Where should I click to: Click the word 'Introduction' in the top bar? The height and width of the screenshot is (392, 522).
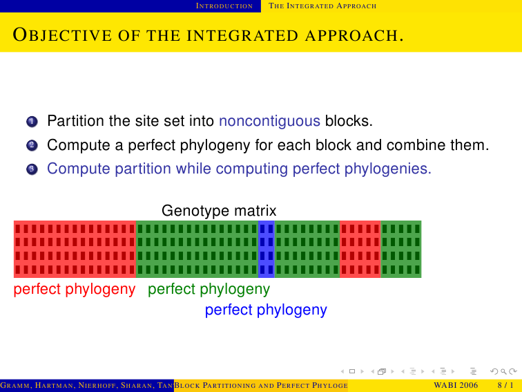(x=224, y=6)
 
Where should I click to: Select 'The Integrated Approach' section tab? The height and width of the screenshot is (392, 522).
(x=322, y=6)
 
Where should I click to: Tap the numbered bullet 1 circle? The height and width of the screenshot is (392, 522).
(x=32, y=122)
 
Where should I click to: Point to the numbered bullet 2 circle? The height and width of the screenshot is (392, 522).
(x=32, y=146)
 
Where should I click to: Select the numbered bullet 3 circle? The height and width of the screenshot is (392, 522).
(x=32, y=169)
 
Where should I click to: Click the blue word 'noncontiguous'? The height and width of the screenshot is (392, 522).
(x=269, y=121)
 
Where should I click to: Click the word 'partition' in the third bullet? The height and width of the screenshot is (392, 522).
(x=143, y=169)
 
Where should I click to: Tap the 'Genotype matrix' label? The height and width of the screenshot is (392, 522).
(x=219, y=211)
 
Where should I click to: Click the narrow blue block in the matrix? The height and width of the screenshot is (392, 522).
(x=267, y=249)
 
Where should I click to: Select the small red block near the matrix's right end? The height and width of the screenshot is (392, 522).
(x=360, y=249)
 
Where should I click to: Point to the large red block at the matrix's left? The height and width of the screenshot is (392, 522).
(x=75, y=249)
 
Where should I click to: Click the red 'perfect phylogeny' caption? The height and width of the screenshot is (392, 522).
(x=75, y=289)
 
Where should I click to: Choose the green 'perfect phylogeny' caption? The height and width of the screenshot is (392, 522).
(x=209, y=289)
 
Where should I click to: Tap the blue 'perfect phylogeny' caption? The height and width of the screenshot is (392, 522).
(x=266, y=310)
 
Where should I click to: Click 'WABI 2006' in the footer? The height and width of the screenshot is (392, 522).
(x=456, y=386)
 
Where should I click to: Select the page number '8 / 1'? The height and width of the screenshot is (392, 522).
(x=505, y=386)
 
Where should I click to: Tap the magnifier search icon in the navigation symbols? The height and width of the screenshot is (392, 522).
(x=503, y=371)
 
